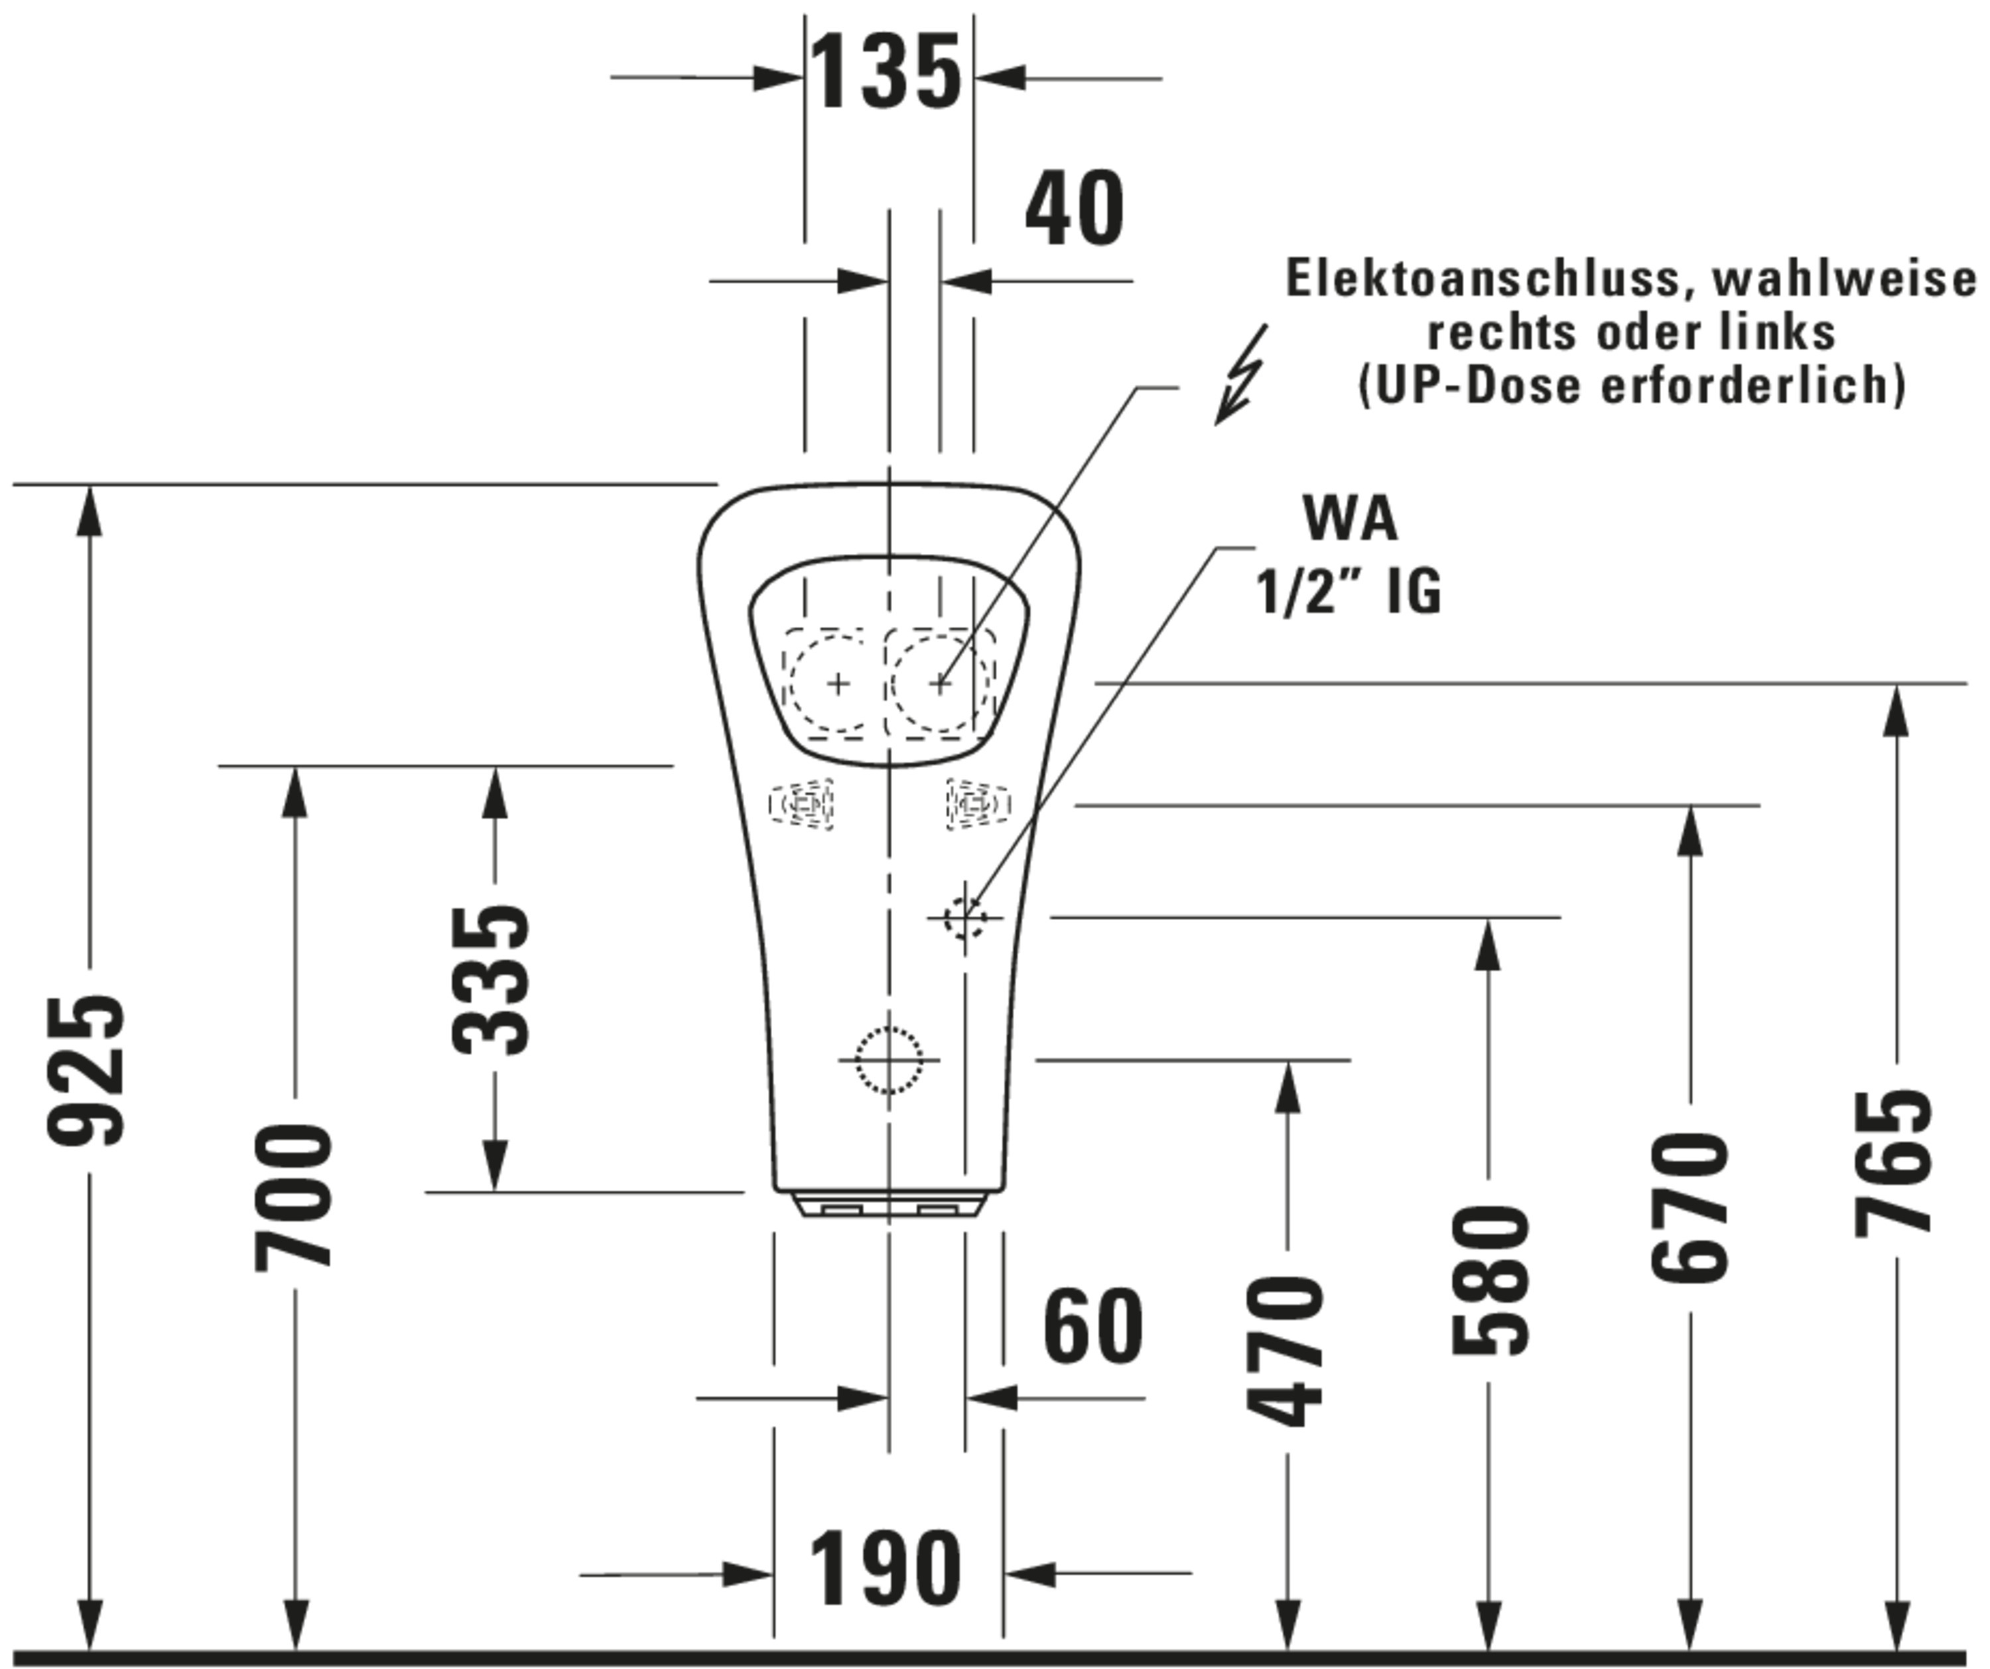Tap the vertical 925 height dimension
[86, 1069]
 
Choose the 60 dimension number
[1094, 1327]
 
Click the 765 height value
[1892, 1164]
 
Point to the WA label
[1351, 519]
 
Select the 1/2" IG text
[1349, 592]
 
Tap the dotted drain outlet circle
[888, 1059]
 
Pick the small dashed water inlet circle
[964, 917]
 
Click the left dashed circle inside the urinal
[836, 683]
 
